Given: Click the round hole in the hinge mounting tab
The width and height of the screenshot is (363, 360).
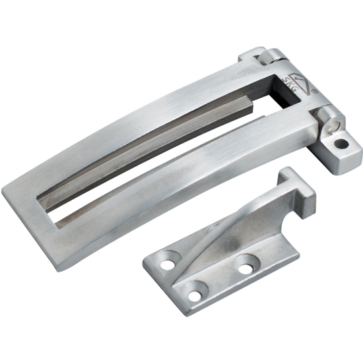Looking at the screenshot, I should click(342, 142).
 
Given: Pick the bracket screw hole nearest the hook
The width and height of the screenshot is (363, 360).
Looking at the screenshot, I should click(244, 268).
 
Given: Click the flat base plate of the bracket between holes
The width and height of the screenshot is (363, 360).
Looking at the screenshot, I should click(211, 274).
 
